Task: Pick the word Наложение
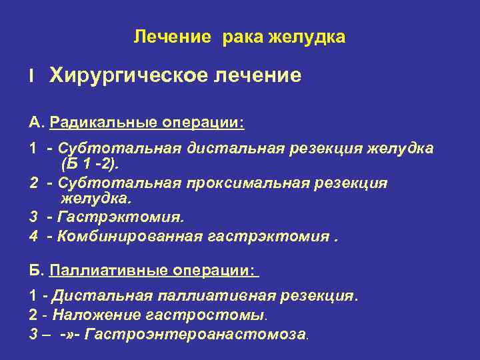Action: pyautogui.click(x=91, y=315)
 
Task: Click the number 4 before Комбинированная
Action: pyautogui.click(x=33, y=235)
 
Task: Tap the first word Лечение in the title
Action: pyautogui.click(x=171, y=37)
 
